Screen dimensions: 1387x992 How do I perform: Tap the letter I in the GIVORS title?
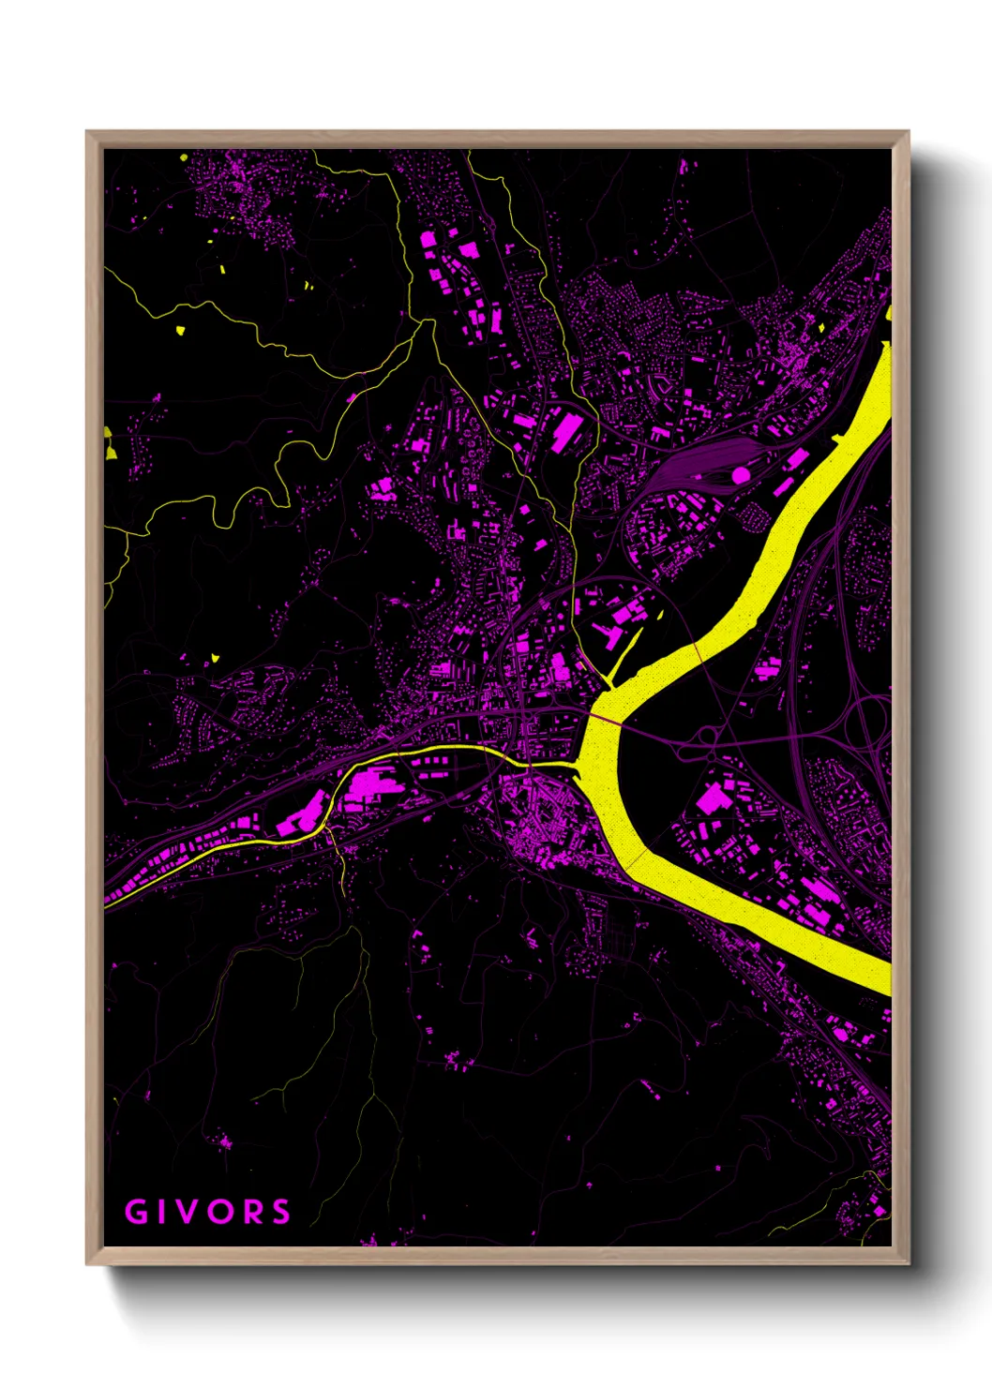[x=164, y=1212]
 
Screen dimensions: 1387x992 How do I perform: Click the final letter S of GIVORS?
[x=280, y=1212]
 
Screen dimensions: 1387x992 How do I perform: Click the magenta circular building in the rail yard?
[x=740, y=475]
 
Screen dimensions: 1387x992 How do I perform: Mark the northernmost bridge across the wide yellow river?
[x=698, y=652]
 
